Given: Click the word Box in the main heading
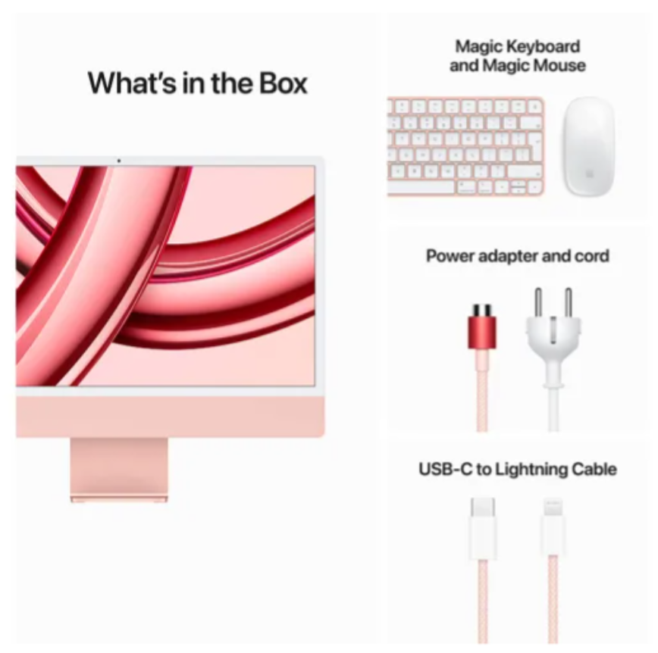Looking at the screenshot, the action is (x=283, y=83).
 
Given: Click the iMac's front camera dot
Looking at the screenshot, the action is (x=119, y=161).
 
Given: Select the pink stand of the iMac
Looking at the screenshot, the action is (x=119, y=470).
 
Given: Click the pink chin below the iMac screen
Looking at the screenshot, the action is (x=170, y=417).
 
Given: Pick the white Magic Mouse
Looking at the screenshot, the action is (x=588, y=146).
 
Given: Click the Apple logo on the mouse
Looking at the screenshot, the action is (x=588, y=173).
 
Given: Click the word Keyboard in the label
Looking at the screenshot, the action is (x=542, y=46).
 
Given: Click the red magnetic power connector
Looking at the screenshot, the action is (x=482, y=326).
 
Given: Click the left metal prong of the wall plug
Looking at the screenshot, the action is (x=538, y=302).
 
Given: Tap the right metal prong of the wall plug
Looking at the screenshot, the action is (x=569, y=302).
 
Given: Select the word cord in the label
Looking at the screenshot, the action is (x=592, y=256).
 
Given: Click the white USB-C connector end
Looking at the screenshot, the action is (x=483, y=529).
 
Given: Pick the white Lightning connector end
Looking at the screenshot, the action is (x=553, y=527).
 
